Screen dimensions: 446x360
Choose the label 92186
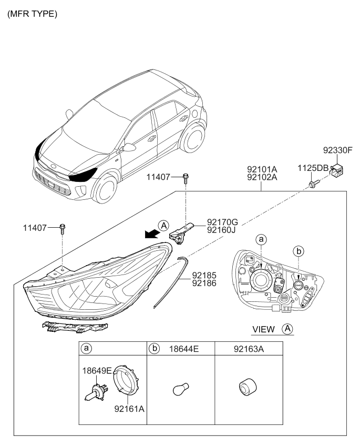[x=204, y=282]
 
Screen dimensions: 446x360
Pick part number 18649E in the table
[x=97, y=370]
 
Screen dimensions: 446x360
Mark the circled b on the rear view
[x=299, y=252]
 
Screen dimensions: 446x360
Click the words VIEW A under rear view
[x=272, y=329]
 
